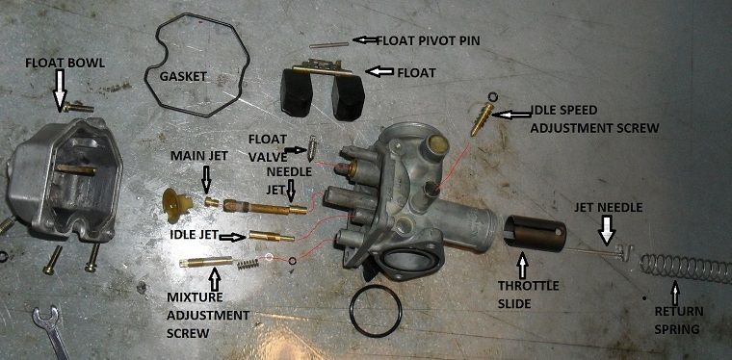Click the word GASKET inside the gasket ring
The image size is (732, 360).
182,74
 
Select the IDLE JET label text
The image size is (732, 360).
188,235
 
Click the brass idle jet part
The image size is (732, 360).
273,235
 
